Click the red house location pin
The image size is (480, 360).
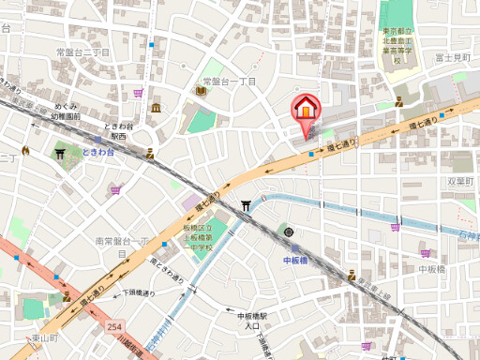pyautogui.click(x=305, y=111)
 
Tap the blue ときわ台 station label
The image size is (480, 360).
pyautogui.click(x=98, y=152)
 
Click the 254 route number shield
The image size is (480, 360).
pyautogui.click(x=114, y=325)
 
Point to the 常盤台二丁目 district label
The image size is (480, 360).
pyautogui.click(x=82, y=52)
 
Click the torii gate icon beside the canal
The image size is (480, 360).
pyautogui.click(x=246, y=205)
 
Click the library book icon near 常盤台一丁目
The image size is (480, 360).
pyautogui.click(x=201, y=90)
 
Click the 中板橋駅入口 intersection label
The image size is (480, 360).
pyautogui.click(x=252, y=321)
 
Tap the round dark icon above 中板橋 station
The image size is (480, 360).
pyautogui.click(x=289, y=232)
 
